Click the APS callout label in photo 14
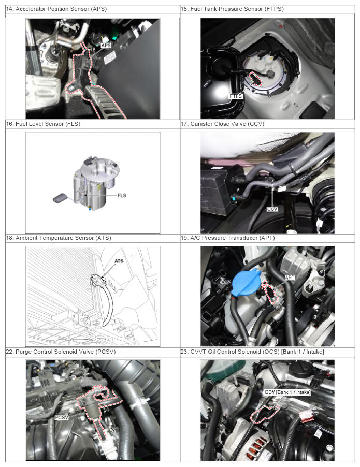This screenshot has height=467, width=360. pos(106,45)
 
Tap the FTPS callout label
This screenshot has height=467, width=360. pos(236,96)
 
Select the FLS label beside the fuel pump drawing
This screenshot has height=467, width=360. pos(122,195)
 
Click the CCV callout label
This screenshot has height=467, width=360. pos(272,209)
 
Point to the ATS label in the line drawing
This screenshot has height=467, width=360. pos(119,261)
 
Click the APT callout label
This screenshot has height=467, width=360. pos(290,278)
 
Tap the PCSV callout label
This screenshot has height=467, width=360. pos(62,418)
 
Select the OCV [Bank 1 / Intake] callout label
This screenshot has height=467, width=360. pos(287,392)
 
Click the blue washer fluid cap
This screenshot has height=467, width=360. pos(247,282)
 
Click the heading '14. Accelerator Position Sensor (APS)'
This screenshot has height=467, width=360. pos(56,9)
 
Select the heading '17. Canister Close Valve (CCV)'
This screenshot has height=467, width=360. pos(222,124)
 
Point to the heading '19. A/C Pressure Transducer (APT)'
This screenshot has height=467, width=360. pos(228,238)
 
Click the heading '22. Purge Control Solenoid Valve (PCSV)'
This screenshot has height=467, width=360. pos(61,352)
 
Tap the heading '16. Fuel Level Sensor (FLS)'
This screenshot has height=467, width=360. pos(43,124)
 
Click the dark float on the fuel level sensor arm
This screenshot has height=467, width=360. pos(60,198)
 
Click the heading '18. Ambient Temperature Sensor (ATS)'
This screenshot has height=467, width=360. pos(59,238)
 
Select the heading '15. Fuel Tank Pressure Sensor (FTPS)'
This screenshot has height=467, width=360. pos(232,9)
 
